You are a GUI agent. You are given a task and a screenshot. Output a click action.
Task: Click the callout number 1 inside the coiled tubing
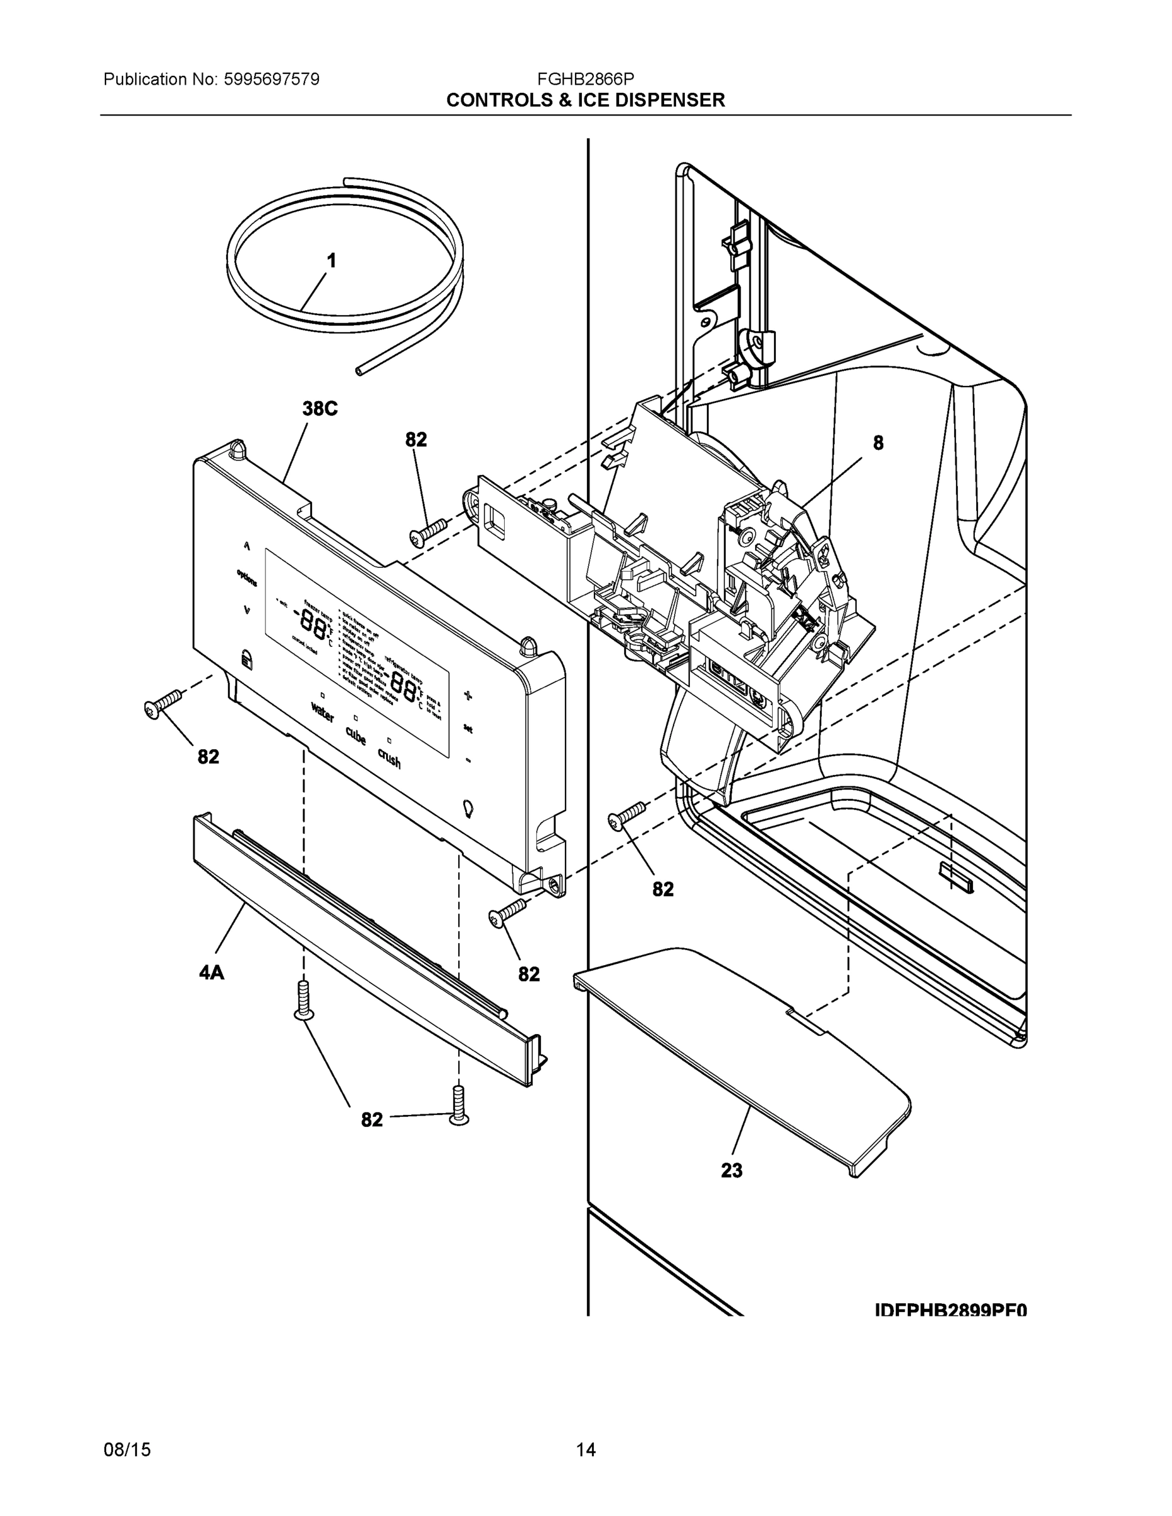(332, 261)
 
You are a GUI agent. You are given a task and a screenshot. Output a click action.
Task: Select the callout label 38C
(320, 409)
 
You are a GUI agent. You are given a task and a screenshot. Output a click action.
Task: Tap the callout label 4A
(212, 973)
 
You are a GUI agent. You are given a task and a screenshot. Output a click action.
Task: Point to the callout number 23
(731, 1171)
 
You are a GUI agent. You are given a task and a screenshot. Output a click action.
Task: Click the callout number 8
(878, 443)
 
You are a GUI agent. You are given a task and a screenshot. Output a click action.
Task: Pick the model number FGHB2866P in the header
(585, 79)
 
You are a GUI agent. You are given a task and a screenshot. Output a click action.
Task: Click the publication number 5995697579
(272, 79)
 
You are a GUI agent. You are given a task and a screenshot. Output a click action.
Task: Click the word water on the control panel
(322, 713)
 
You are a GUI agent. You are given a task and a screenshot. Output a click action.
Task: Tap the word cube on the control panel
(356, 735)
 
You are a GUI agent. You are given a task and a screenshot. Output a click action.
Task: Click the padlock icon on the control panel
(246, 659)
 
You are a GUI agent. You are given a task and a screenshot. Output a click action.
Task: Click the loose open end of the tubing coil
(359, 372)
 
